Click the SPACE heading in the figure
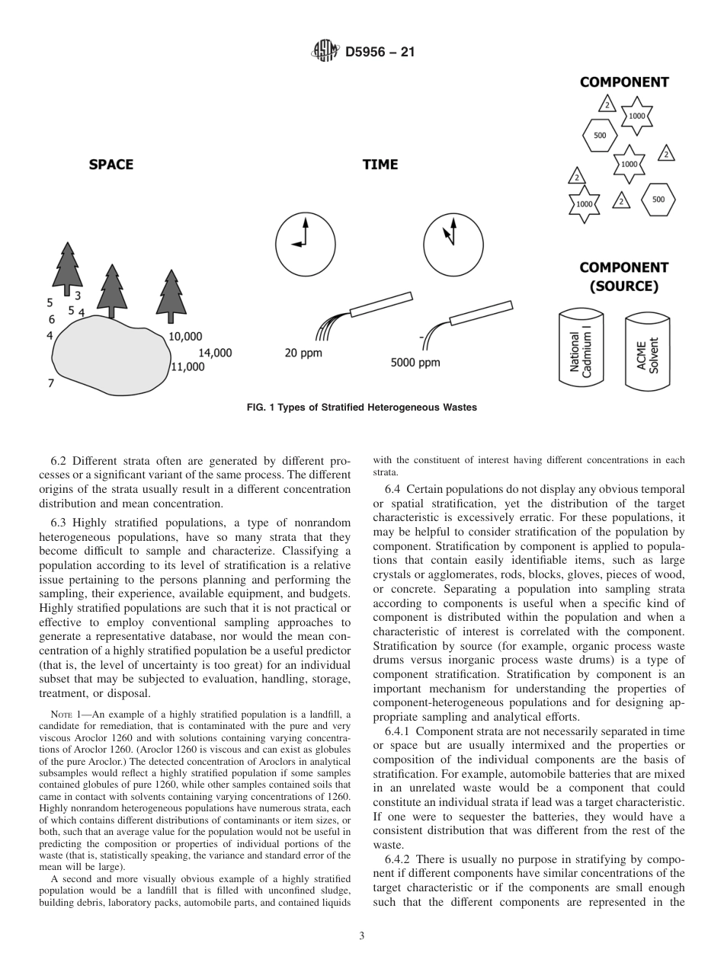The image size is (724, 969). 111,165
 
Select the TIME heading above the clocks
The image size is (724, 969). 380,165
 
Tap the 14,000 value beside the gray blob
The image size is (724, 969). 215,353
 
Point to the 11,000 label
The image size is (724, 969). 187,366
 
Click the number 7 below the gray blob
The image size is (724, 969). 51,383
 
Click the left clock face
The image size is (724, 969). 304,244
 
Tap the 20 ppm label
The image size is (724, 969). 303,353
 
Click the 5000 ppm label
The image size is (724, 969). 415,363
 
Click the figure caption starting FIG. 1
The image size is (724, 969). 362,408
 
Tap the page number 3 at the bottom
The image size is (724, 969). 362,936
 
